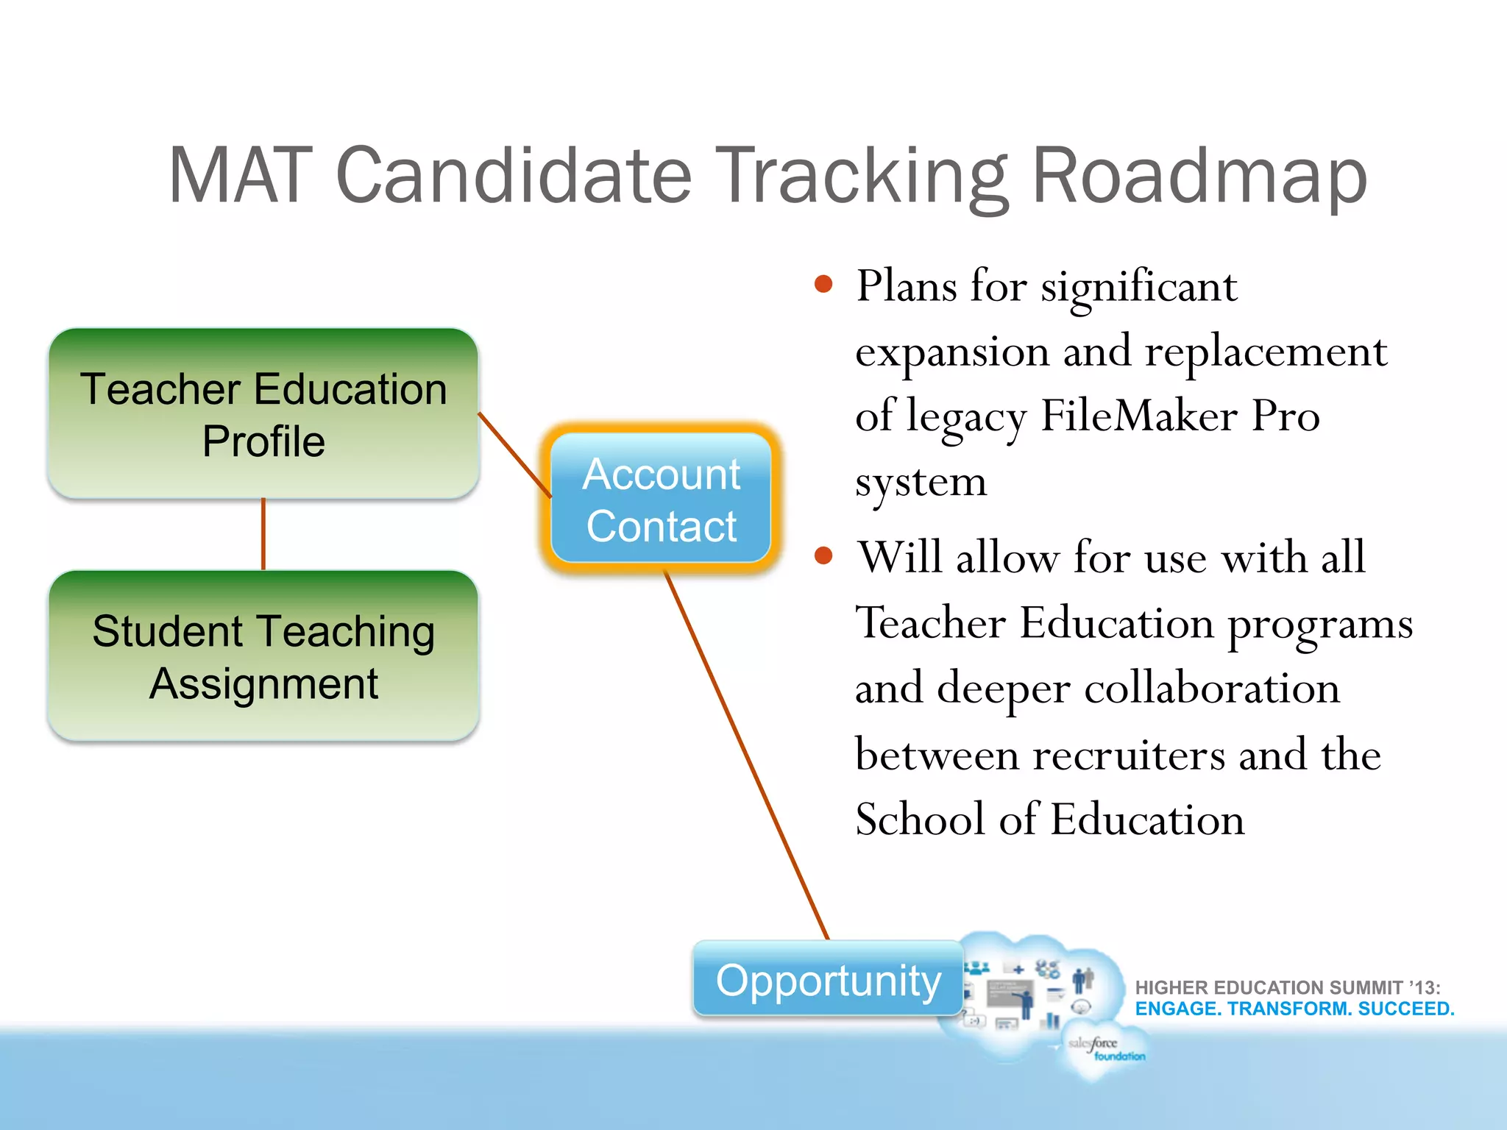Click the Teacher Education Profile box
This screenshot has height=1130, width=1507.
tap(263, 414)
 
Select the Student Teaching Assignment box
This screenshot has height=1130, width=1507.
tap(263, 656)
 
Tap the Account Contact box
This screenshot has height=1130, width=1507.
tap(661, 500)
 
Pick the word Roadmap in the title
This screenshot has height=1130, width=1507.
tap(1199, 177)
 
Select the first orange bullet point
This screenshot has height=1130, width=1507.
tap(823, 285)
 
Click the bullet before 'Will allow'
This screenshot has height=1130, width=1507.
tap(823, 556)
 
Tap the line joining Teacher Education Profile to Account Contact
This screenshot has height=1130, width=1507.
tap(514, 454)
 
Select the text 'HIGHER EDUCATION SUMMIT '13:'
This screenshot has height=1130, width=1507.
tap(1287, 987)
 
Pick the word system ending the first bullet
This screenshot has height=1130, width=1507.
tap(921, 483)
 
